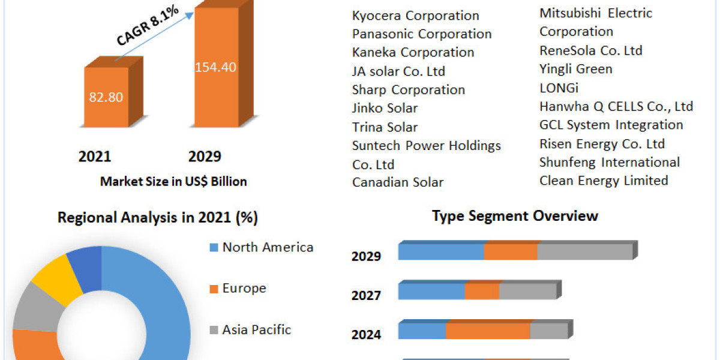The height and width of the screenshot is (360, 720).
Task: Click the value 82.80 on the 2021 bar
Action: pyautogui.click(x=106, y=97)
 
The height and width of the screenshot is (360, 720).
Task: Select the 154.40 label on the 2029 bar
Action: pyautogui.click(x=215, y=67)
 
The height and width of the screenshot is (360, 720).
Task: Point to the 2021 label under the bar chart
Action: pyautogui.click(x=95, y=157)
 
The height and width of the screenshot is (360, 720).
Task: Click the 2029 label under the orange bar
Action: pyautogui.click(x=205, y=157)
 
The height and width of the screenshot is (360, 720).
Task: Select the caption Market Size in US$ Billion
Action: pyautogui.click(x=173, y=181)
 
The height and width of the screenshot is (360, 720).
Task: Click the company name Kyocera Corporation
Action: pyautogui.click(x=415, y=16)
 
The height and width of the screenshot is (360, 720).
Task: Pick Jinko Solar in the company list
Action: pyautogui.click(x=385, y=108)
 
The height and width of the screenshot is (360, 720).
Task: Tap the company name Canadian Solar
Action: pyautogui.click(x=398, y=182)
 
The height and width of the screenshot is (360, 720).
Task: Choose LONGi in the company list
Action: pyautogui.click(x=559, y=88)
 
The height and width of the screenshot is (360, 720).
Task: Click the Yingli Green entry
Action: pyautogui.click(x=575, y=69)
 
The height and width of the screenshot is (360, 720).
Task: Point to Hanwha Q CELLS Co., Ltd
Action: pyautogui.click(x=616, y=107)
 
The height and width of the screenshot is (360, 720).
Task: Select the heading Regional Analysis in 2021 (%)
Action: pyautogui.click(x=157, y=218)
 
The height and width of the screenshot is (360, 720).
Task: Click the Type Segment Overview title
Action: pyautogui.click(x=515, y=216)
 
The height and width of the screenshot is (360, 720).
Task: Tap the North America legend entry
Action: pyautogui.click(x=267, y=247)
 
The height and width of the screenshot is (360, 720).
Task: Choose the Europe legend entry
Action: pyautogui.click(x=244, y=289)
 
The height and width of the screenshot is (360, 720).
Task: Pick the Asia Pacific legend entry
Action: pyautogui.click(x=256, y=329)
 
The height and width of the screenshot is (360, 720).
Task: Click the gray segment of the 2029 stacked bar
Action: pyautogui.click(x=584, y=252)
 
